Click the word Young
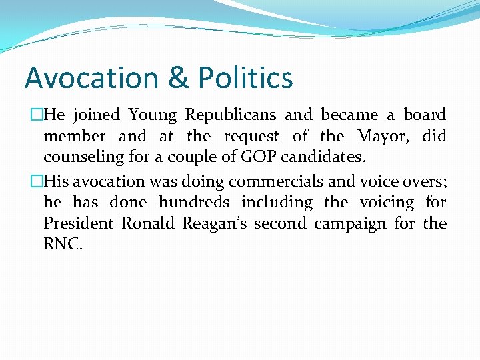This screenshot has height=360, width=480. click(153, 115)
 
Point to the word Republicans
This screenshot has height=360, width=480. click(231, 115)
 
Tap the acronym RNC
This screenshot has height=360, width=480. click(63, 245)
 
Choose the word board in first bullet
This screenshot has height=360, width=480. click(425, 115)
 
